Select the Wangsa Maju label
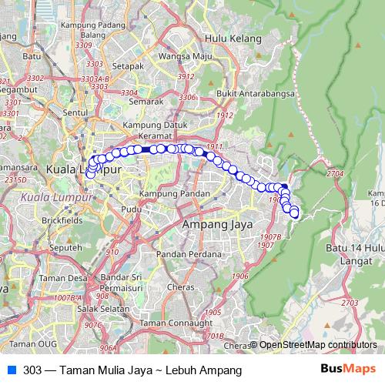click(186, 56)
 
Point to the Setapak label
click(128, 66)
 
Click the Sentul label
click(75, 112)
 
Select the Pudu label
click(131, 209)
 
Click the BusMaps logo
click(347, 369)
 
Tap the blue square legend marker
click(11, 370)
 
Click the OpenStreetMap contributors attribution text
click(318, 345)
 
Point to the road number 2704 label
click(334, 175)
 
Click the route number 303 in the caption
click(32, 370)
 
